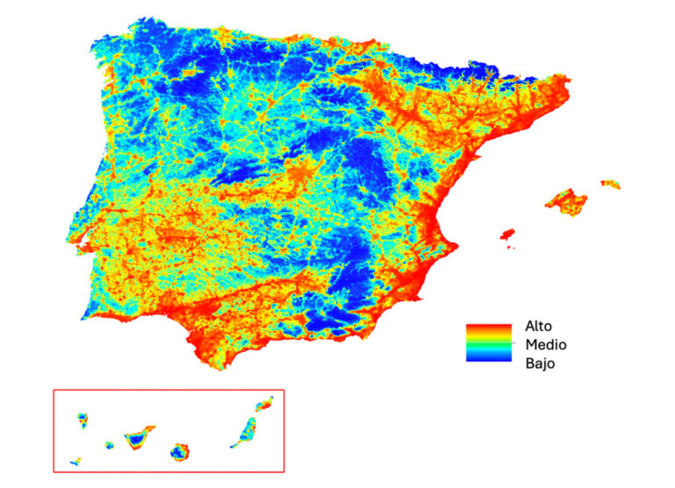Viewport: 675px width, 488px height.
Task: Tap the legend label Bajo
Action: pyautogui.click(x=541, y=362)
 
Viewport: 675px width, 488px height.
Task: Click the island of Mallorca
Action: pyautogui.click(x=567, y=201)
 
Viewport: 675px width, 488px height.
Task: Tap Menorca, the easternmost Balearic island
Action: pyautogui.click(x=611, y=184)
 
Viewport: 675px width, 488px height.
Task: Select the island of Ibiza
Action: pyautogui.click(x=506, y=235)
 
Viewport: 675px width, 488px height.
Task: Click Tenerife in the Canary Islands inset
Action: pyautogui.click(x=139, y=435)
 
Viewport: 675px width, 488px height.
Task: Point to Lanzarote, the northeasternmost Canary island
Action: pyautogui.click(x=264, y=405)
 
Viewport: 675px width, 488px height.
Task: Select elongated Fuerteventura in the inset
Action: pyautogui.click(x=245, y=433)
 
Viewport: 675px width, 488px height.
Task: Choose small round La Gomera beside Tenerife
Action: pyautogui.click(x=110, y=445)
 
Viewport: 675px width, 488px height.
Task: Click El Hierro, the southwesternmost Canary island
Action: pyautogui.click(x=77, y=461)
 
